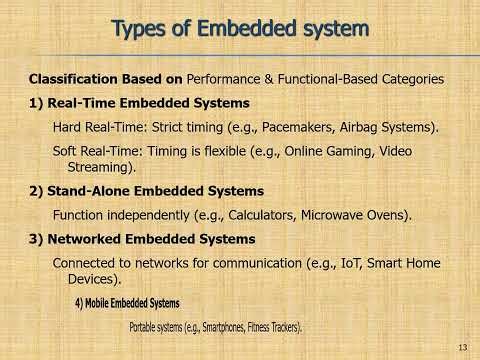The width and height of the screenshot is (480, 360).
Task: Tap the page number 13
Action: (x=462, y=347)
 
